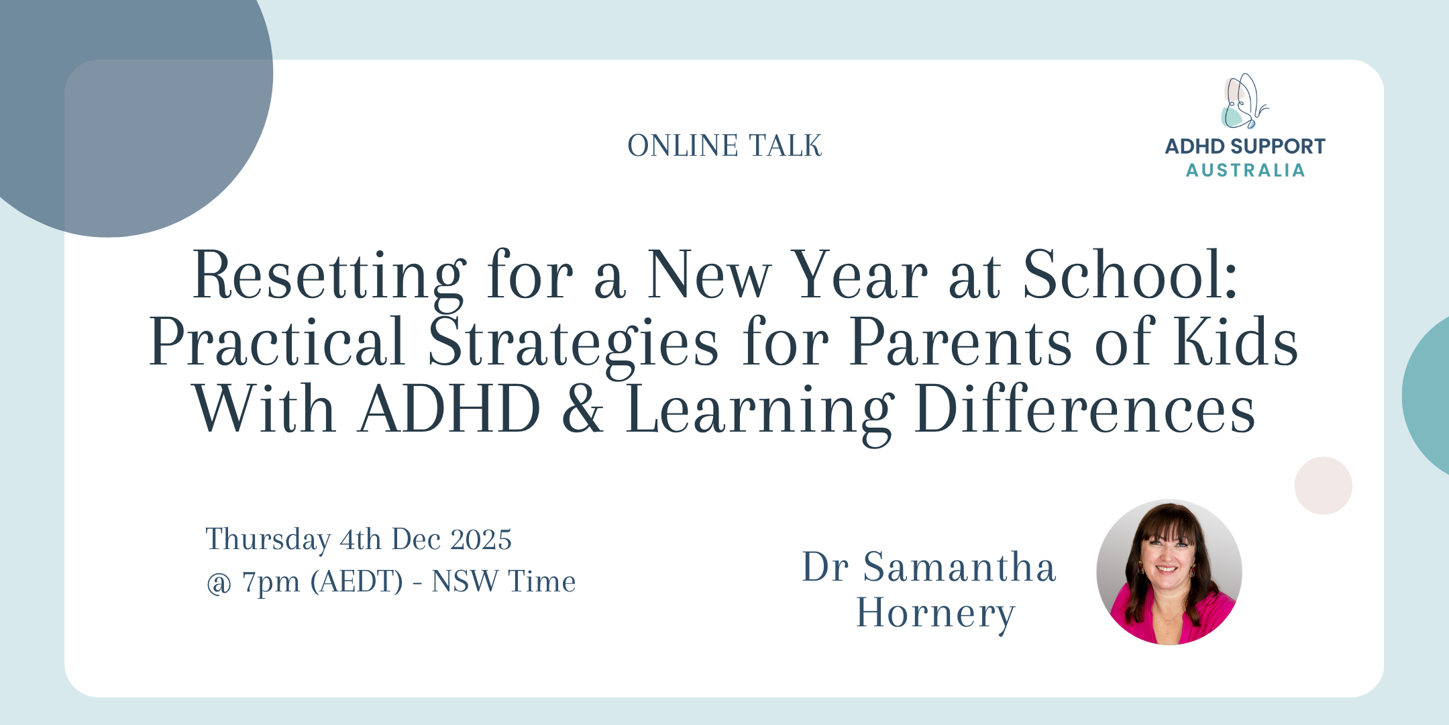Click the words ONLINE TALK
coord(724,146)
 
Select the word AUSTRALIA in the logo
coord(1245,171)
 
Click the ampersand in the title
coord(582,409)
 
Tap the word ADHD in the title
coord(450,409)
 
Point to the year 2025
coord(481,540)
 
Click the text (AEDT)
coord(357,582)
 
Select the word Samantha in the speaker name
coord(959,567)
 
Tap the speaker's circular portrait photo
coord(1169,572)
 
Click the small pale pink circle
coord(1323,485)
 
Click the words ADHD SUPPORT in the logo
coord(1245,146)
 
